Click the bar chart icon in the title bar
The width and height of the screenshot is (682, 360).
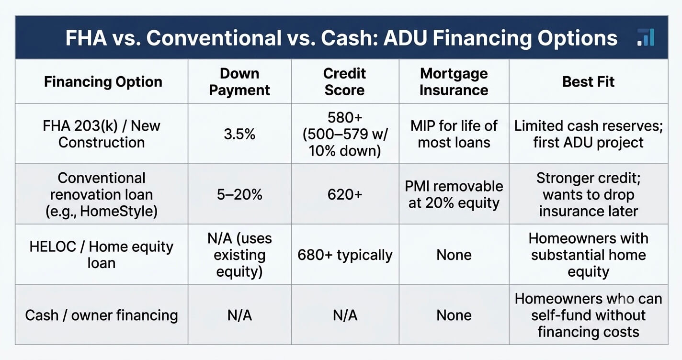click(646, 37)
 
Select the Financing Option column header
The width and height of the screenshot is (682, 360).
click(103, 81)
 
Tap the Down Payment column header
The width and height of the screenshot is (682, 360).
click(239, 81)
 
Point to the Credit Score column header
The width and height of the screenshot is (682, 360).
click(345, 81)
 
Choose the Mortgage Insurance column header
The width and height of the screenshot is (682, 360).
click(454, 81)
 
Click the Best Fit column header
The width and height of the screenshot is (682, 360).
click(588, 81)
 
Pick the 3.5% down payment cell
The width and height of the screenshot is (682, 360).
click(239, 134)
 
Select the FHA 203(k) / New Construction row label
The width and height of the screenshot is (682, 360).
click(102, 134)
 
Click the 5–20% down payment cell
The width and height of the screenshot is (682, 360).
click(239, 194)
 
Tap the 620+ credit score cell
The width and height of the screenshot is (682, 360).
click(345, 194)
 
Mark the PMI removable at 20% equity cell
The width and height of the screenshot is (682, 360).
click(454, 194)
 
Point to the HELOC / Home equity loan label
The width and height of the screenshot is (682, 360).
click(102, 255)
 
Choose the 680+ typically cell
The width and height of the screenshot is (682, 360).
click(345, 255)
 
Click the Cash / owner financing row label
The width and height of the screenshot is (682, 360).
click(102, 315)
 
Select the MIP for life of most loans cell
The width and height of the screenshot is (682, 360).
click(454, 134)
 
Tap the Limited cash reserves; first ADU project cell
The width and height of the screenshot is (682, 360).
click(588, 134)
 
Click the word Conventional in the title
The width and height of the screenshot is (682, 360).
click(214, 38)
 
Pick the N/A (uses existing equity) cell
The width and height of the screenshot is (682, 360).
click(239, 255)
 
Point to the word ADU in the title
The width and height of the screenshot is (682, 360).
click(405, 38)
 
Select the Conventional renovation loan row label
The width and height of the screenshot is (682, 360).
click(102, 194)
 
